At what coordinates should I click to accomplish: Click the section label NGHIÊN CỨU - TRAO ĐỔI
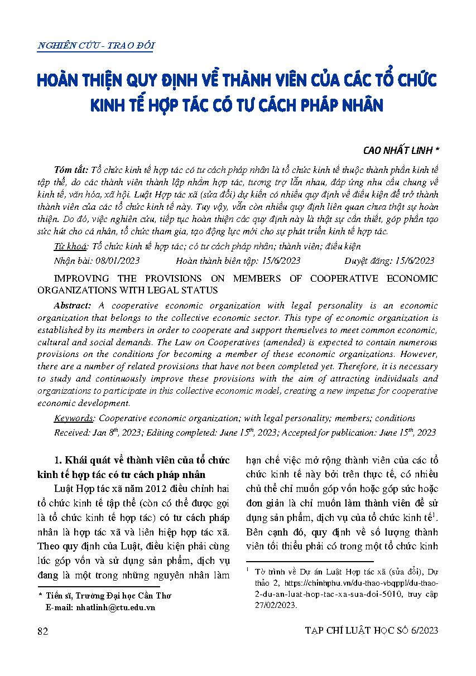tap(95, 46)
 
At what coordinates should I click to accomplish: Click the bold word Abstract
tap(73, 306)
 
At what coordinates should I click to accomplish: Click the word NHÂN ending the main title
tap(360, 105)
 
